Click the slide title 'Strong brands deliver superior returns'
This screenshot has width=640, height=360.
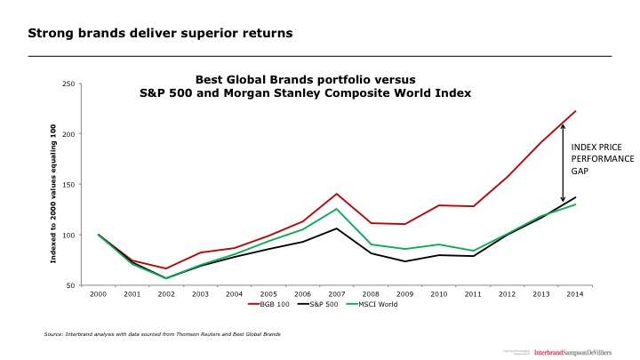160,34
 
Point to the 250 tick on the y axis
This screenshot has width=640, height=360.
69,84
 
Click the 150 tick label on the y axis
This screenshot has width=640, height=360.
69,185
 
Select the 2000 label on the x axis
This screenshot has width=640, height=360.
98,292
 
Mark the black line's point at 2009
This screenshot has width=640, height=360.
404,261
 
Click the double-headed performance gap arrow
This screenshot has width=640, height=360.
563,163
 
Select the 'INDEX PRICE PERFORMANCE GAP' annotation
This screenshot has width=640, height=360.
602,157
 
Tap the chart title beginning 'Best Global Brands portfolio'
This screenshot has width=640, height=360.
305,85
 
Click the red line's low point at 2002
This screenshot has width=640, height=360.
165,268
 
